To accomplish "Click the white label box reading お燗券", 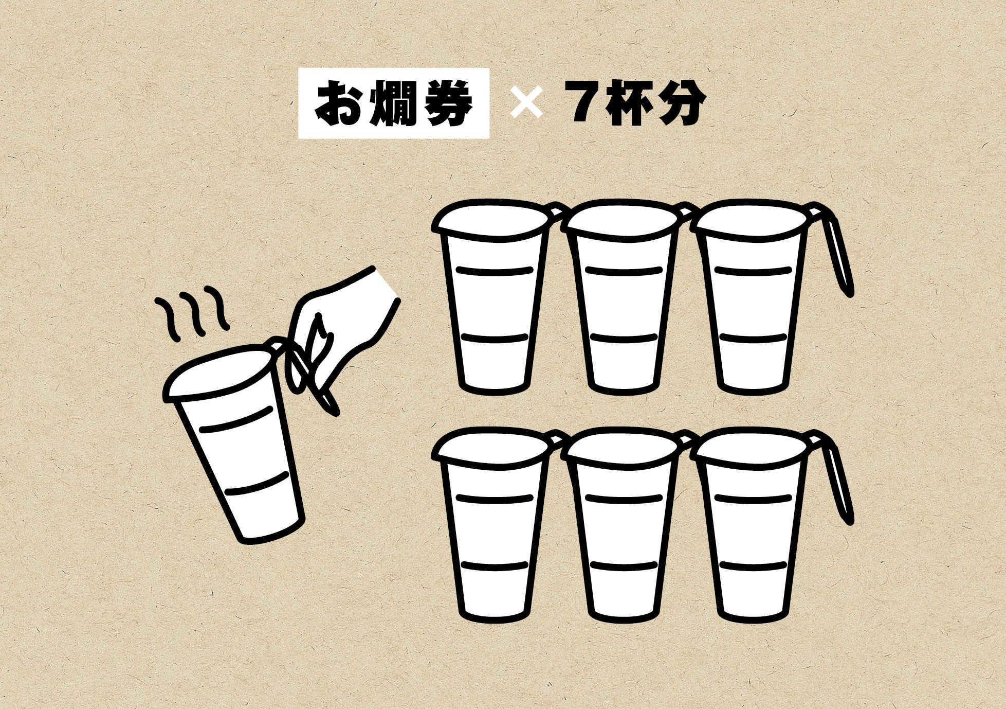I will tap(393, 103).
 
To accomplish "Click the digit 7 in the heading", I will tap(583, 103).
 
